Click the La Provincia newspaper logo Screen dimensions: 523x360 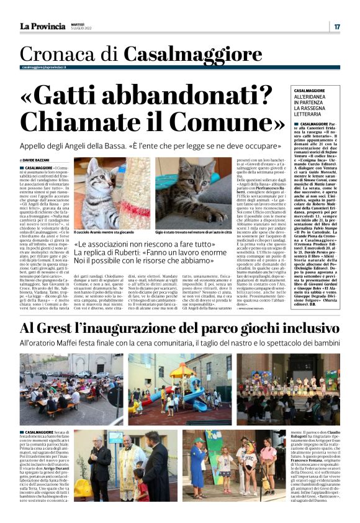tap(42, 26)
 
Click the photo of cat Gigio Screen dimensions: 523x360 tap(189, 193)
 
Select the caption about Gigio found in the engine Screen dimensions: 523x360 tap(189, 231)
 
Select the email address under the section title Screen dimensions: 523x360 tap(44, 66)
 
